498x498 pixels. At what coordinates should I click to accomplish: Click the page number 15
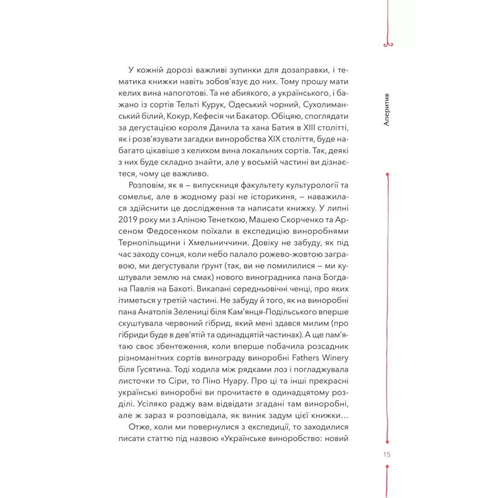[x=387, y=454]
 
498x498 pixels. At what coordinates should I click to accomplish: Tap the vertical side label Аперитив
[x=386, y=110]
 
